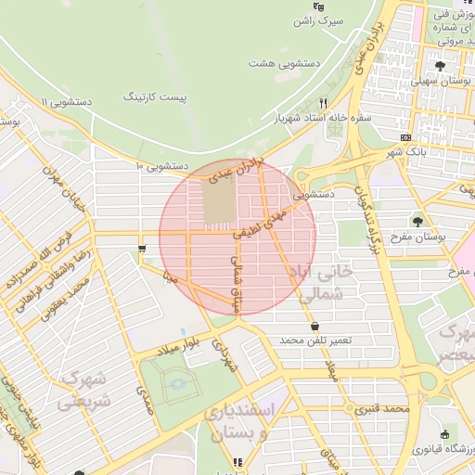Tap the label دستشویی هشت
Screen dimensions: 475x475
(278, 64)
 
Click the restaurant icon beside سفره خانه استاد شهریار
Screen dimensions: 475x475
(324, 103)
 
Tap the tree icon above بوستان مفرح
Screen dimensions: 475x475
(419, 222)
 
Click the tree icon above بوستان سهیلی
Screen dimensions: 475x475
(440, 66)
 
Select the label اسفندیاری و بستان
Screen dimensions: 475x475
(264, 421)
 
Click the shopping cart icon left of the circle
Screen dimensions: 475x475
(142, 248)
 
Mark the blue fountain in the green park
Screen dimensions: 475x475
(178, 382)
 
